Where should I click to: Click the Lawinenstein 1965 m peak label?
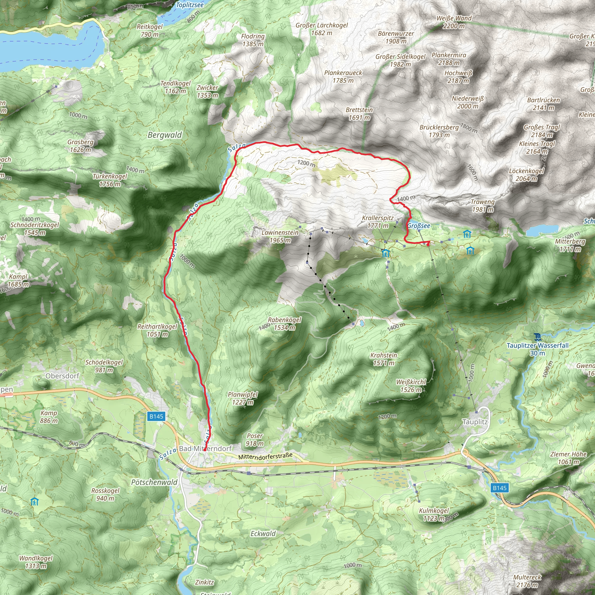tap(280, 236)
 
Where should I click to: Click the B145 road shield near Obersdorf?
tap(156, 416)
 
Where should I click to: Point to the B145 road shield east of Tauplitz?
tap(499, 488)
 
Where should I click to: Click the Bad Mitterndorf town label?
tap(205, 448)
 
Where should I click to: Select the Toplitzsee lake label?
tap(190, 5)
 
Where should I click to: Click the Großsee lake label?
tap(419, 226)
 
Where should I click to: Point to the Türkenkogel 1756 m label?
tap(110, 180)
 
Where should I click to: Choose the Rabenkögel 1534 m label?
tap(284, 323)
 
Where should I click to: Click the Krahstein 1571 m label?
tap(383, 359)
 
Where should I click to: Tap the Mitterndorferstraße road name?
tap(265, 456)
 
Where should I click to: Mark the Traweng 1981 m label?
tap(483, 206)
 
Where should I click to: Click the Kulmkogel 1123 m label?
tap(434, 514)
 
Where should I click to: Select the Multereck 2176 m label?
tap(527, 581)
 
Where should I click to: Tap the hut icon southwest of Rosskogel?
tap(35, 502)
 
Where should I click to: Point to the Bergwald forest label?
tap(164, 135)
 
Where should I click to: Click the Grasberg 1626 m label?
tap(80, 146)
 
